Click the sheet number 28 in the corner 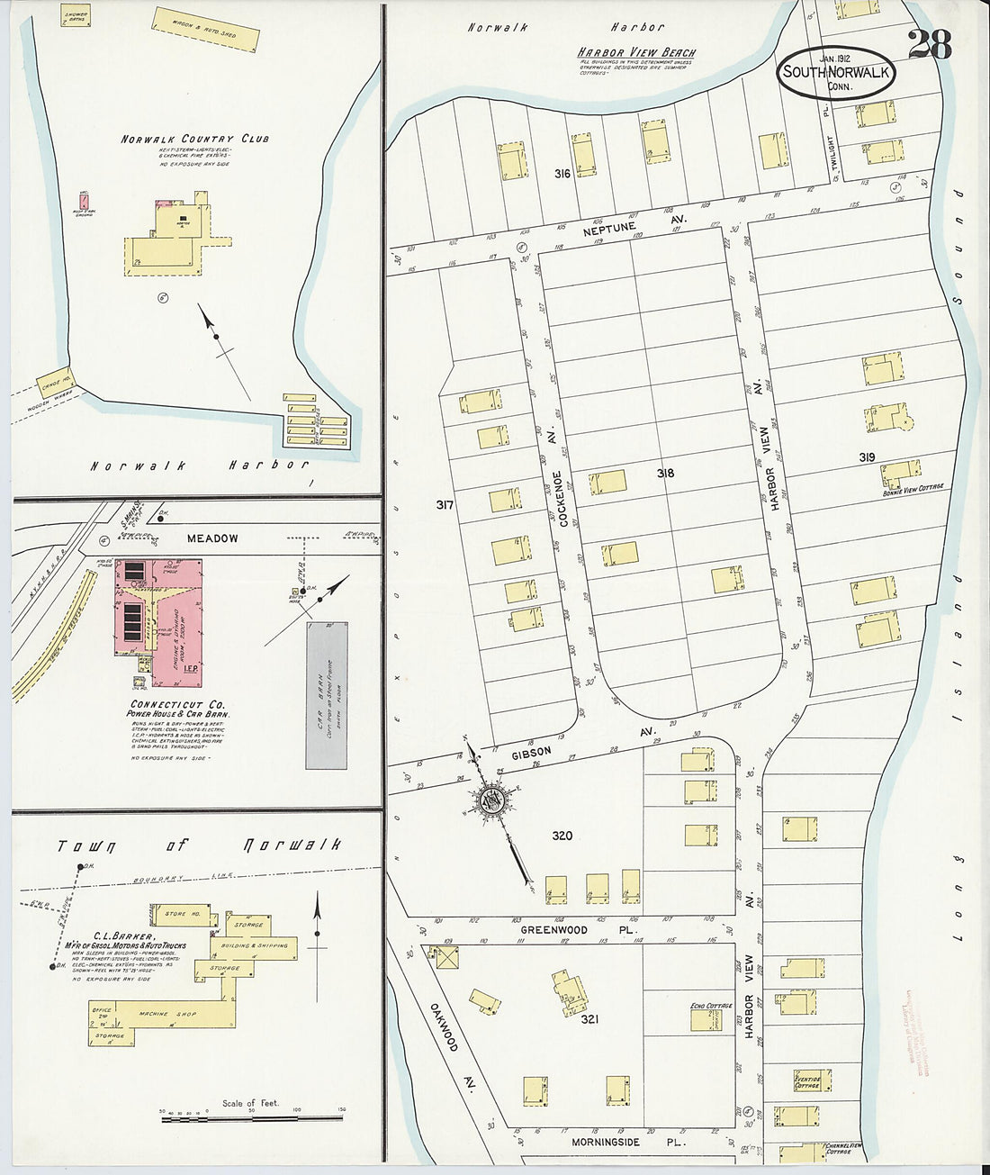tap(929, 44)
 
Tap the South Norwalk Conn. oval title tap(837, 73)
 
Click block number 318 tap(666, 474)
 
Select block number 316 tap(562, 173)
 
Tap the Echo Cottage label tap(708, 1007)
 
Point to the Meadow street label tap(212, 538)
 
